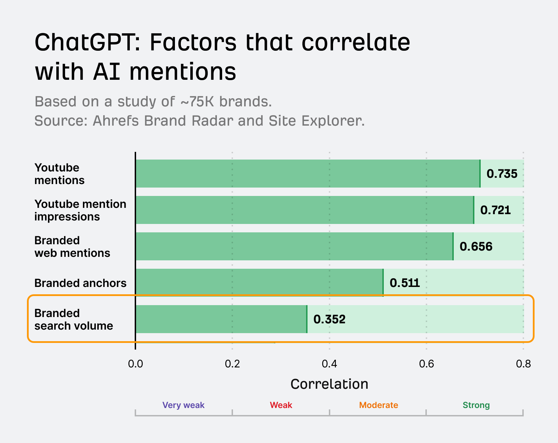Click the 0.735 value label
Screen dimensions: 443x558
[x=502, y=174]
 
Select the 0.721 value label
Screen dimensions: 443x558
[x=495, y=210]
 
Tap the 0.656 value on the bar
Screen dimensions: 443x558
[x=476, y=247]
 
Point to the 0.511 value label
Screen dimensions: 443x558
[x=404, y=283]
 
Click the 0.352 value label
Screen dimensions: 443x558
[x=329, y=319]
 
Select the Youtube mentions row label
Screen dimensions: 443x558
[x=59, y=174]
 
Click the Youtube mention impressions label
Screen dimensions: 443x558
[x=80, y=210]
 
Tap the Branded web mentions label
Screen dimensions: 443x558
[x=72, y=247]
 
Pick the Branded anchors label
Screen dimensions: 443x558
[x=80, y=283]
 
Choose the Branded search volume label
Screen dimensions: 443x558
[x=73, y=319]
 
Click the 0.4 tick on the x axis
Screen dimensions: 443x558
[x=329, y=364]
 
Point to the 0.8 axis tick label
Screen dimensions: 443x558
[x=523, y=364]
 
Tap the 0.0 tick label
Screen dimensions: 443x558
[x=135, y=364]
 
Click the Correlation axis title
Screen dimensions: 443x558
[x=329, y=384]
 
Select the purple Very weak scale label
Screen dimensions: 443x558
[x=183, y=405]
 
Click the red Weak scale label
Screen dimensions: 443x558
[x=281, y=405]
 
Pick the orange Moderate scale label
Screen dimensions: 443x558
[x=379, y=405]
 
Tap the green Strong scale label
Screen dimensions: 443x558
[x=476, y=405]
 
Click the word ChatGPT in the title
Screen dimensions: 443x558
[x=87, y=43]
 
